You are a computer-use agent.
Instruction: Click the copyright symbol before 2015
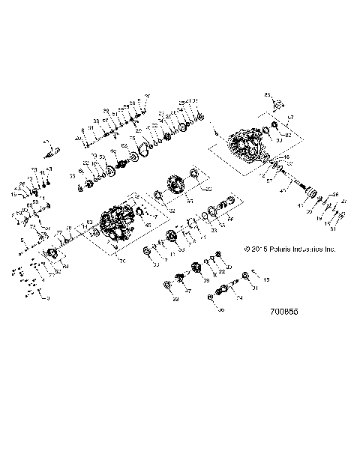(x=247, y=249)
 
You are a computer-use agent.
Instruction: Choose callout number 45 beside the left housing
(x=147, y=225)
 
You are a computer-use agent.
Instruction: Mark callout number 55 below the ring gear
(x=189, y=202)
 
